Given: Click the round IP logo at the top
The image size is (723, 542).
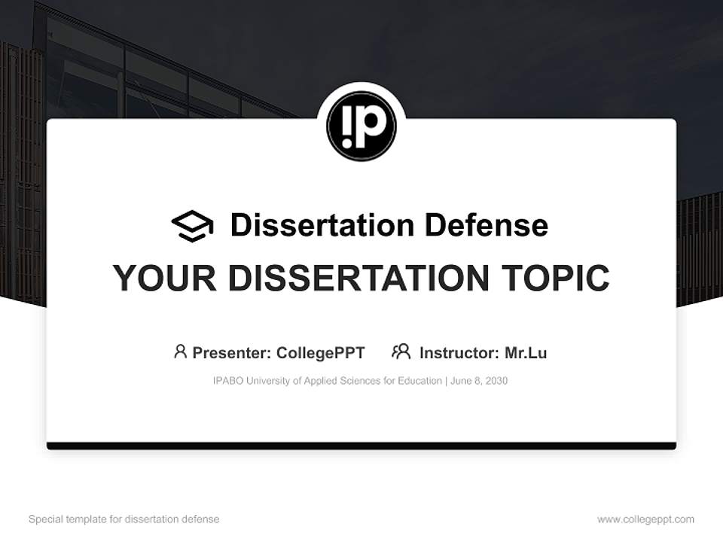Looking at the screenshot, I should pos(361,126).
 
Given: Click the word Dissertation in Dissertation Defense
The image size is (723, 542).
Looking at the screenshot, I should pos(322,225).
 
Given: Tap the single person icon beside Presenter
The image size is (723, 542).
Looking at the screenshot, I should pos(180,352).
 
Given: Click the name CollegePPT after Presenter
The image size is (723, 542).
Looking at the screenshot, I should pos(321,353).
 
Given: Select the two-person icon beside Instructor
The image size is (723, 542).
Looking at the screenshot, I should pos(401,352).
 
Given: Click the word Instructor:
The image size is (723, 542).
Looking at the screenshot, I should pos(459,353).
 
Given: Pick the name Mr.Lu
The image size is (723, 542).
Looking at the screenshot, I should pos(526,353).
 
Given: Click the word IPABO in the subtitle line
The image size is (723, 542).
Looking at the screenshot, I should pos(228,381).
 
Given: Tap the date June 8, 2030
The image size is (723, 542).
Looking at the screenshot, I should pos(480,381).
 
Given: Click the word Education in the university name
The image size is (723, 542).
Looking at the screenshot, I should pos(419,381).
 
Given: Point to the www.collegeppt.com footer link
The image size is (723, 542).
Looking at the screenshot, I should pos(645,519).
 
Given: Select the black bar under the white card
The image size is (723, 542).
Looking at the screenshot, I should pos(361,446).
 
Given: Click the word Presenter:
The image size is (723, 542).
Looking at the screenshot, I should pos(232,353).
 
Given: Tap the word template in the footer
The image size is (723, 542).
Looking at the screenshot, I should pos(87,519).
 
